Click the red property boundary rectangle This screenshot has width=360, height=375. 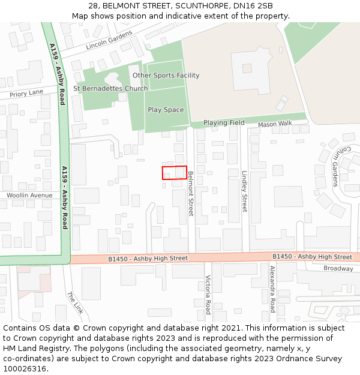point(175,172)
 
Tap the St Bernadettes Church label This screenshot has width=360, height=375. point(110,89)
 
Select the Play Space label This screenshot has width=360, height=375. point(166,110)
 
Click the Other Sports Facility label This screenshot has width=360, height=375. point(166,76)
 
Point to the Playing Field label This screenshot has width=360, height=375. point(224,123)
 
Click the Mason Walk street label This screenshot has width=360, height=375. point(275,124)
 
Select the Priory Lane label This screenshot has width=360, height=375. point(26,92)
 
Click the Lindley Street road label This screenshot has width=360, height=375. point(244,191)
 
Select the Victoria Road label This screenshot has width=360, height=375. point(208,295)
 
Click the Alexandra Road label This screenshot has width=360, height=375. point(272,289)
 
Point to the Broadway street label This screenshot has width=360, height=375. point(338,268)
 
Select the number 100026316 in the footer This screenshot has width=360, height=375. point(26,369)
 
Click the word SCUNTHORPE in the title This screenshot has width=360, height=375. point(197,6)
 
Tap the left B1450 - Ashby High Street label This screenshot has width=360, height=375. point(148,258)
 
